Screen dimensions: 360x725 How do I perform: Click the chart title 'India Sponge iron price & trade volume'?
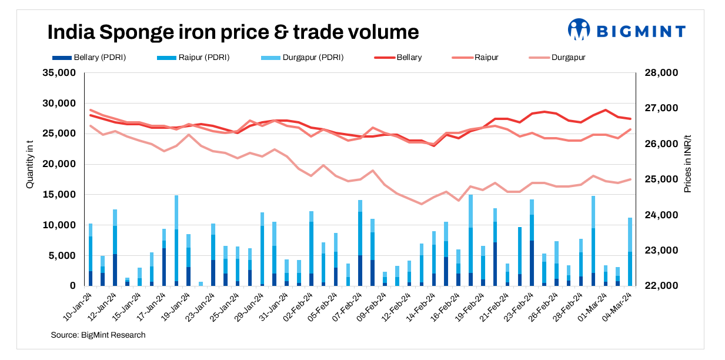point(233,32)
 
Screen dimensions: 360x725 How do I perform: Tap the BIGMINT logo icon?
point(579,29)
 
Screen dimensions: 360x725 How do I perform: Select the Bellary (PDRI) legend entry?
point(89,58)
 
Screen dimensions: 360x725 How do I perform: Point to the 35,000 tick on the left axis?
point(61,73)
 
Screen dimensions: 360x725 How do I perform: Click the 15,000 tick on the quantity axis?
point(61,195)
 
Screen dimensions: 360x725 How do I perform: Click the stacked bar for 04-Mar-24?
point(630,252)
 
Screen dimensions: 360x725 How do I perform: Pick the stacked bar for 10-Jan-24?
point(91,255)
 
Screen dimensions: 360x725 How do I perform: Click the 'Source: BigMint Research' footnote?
point(98,335)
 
